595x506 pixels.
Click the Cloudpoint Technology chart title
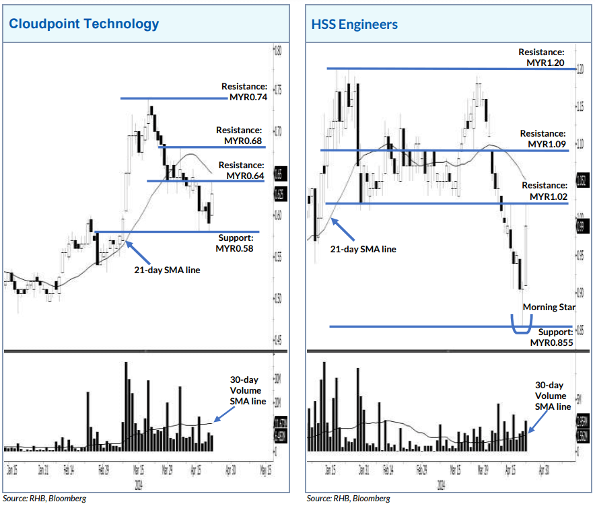point(84,24)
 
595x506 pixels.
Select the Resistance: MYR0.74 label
point(244,92)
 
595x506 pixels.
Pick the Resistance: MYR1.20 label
point(540,58)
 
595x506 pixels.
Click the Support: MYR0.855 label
point(551,337)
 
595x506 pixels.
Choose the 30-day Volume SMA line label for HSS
point(553,396)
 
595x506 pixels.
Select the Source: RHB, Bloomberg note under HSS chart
point(348,499)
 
